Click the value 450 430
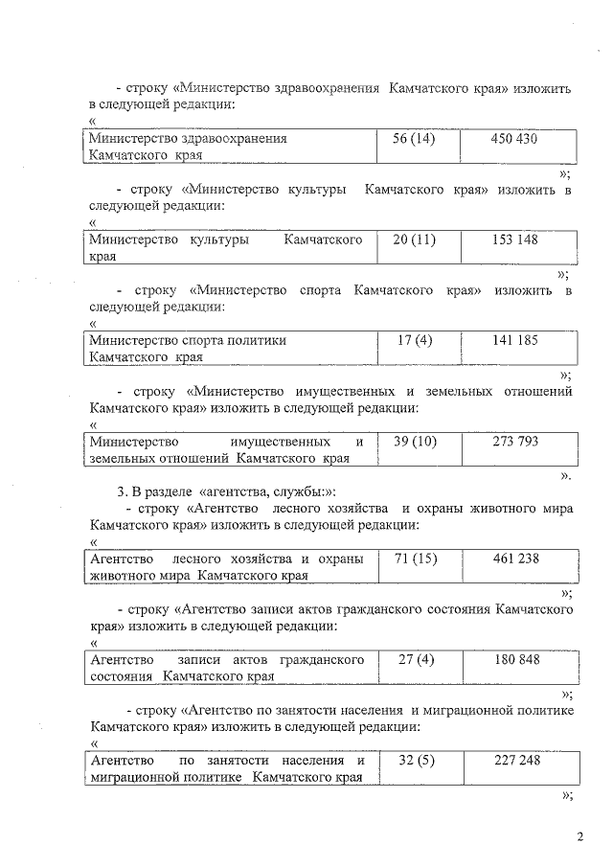click(513, 139)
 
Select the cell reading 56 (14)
click(415, 139)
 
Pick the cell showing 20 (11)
click(415, 240)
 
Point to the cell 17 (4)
click(415, 340)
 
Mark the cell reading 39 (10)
click(415, 442)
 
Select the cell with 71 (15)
click(416, 559)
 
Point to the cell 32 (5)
click(416, 761)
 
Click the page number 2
click(579, 837)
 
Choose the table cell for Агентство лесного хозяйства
click(225, 566)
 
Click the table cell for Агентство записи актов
click(225, 668)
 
